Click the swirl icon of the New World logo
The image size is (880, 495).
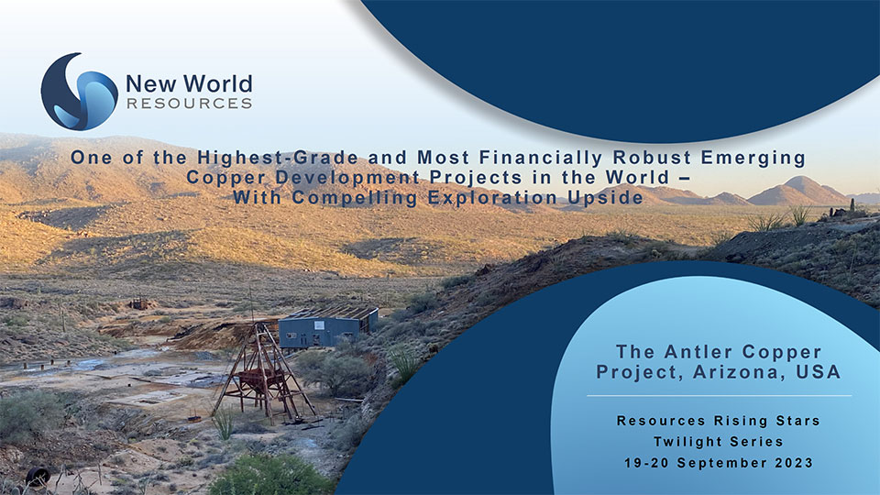(x=79, y=92)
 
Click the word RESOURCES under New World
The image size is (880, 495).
(x=189, y=104)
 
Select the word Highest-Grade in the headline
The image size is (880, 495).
(x=278, y=158)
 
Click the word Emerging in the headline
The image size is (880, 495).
(x=753, y=158)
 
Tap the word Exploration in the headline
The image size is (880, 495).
(x=492, y=198)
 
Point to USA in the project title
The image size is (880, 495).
(x=819, y=371)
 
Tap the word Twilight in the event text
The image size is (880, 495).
(x=679, y=442)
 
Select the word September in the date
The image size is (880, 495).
(x=723, y=463)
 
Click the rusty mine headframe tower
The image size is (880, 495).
(x=263, y=372)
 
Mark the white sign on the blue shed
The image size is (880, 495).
(x=319, y=325)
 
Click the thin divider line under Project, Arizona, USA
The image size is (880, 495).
(x=719, y=396)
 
